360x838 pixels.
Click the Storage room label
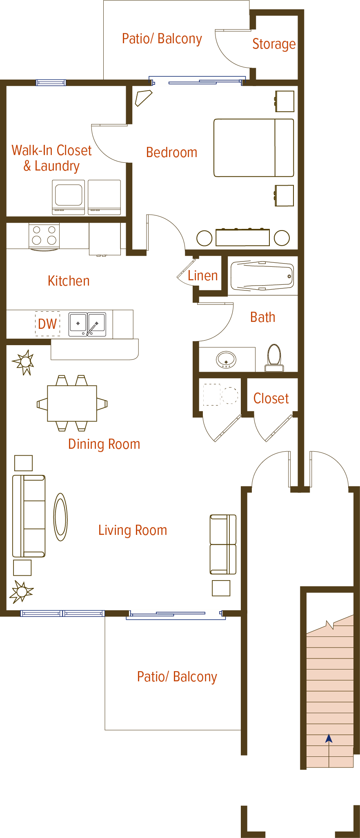tap(273, 44)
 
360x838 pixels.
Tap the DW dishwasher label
tap(47, 324)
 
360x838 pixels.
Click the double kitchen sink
tap(87, 324)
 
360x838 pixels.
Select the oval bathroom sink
tap(226, 360)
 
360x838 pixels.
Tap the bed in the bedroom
tap(253, 148)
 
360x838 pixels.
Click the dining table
tap(72, 403)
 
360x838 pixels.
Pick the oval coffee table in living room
tap(60, 517)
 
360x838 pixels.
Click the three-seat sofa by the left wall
tap(29, 516)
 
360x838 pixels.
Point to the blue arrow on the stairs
tap(329, 738)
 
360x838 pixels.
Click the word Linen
tap(202, 276)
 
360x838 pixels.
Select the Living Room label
tap(133, 530)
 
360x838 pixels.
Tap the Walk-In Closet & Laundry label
tap(51, 158)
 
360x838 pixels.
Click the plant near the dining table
tap(24, 362)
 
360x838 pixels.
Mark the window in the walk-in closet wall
tap(51, 82)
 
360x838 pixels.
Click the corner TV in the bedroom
tap(143, 98)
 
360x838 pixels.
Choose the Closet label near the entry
tap(271, 398)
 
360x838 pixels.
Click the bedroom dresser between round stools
tap(242, 237)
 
